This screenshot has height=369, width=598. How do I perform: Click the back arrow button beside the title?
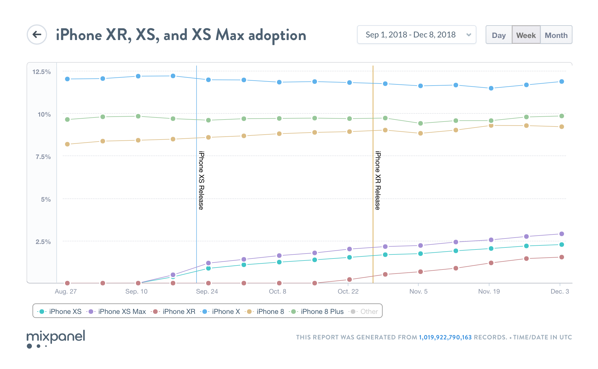[37, 35]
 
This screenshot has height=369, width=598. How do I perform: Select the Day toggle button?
[498, 35]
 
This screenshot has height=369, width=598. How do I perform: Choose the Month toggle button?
[556, 35]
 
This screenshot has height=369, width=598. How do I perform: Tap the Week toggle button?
[526, 35]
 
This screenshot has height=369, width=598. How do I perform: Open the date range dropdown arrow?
[468, 35]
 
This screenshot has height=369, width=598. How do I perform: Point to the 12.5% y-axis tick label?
[42, 72]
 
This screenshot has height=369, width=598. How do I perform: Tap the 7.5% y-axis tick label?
[43, 157]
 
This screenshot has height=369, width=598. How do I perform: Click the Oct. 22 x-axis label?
[348, 292]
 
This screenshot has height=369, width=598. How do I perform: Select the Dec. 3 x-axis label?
[560, 292]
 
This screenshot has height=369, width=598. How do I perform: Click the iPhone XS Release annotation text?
[201, 180]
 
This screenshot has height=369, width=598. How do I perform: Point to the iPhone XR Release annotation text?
[378, 180]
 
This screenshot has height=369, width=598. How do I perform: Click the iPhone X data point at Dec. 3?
[561, 82]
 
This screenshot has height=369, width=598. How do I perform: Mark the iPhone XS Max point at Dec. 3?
[561, 234]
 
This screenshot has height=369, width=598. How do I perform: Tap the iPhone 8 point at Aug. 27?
[67, 144]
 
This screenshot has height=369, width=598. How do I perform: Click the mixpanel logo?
[56, 339]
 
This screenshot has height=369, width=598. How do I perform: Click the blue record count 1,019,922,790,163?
[445, 337]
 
